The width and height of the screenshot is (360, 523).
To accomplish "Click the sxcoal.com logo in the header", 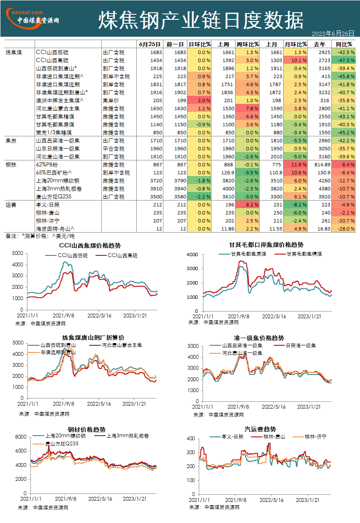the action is point(32,18).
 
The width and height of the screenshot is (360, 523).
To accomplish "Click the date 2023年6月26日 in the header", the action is point(333,34).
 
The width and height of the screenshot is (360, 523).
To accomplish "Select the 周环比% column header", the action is point(247,44).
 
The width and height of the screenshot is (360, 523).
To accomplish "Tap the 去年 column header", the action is point(319,44).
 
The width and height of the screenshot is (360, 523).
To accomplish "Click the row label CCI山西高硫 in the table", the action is point(52,60).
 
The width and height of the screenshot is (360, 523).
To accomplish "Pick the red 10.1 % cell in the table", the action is point(295,60).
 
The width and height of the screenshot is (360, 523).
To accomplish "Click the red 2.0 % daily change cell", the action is point(199,100).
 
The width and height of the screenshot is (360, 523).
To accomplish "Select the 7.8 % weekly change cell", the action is point(247,108).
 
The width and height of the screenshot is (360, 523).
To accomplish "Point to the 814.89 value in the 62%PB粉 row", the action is point(322,165).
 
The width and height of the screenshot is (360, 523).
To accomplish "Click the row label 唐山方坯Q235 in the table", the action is point(54,197).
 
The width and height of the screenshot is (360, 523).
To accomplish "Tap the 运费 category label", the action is point(11,205).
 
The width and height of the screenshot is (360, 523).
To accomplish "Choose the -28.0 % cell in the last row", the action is point(344,229).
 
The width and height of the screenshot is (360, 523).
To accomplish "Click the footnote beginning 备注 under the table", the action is point(40,236).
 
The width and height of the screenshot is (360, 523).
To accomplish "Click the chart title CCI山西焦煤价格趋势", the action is point(90,246).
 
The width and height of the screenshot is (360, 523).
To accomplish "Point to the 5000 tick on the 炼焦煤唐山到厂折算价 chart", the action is point(18,342).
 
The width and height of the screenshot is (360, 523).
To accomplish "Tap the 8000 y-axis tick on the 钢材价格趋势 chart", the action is point(21,436).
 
